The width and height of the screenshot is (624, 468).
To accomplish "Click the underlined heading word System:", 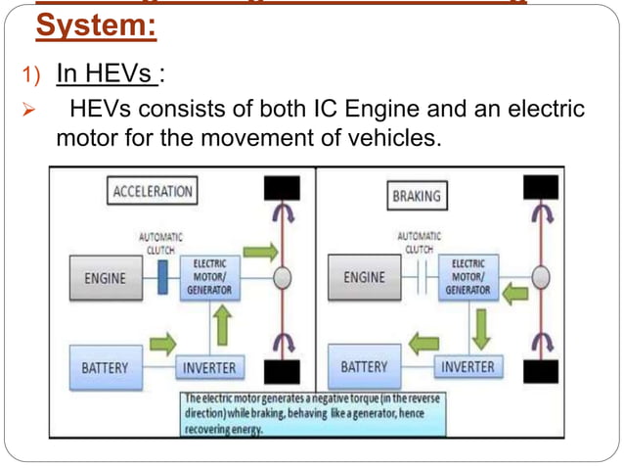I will (96, 25).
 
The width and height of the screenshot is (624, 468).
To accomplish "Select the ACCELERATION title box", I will (152, 191).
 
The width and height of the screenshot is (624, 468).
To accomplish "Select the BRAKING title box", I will (416, 196).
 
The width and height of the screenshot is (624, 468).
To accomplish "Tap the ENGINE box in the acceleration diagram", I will (105, 278).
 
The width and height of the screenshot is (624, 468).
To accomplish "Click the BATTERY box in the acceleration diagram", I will (105, 368).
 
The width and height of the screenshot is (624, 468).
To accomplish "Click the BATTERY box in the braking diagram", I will (364, 368).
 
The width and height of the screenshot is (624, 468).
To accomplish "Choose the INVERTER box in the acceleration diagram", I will (209, 368).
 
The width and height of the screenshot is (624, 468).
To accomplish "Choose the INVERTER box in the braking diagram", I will (468, 368).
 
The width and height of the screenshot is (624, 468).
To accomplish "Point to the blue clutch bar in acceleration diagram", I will (162, 278).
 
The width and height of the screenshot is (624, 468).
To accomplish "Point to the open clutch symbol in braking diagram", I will (421, 278).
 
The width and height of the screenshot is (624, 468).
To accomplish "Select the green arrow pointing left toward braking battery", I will (423, 343).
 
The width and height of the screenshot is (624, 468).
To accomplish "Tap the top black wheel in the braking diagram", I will (541, 187).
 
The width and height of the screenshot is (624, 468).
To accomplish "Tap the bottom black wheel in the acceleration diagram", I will (280, 371).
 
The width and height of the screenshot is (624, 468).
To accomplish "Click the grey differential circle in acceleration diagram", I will (282, 278).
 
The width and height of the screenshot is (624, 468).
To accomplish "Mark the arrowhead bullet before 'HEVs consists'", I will (28, 108).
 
